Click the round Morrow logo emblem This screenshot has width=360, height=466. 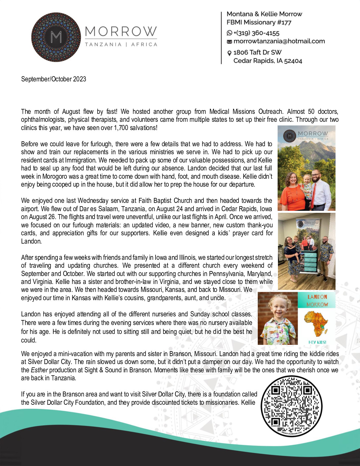pyautogui.click(x=56, y=37)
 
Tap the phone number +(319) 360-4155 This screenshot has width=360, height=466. pyautogui.click(x=256, y=33)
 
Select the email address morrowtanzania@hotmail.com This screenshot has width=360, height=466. pyautogui.click(x=279, y=41)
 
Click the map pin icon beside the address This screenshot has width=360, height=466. pyautogui.click(x=229, y=53)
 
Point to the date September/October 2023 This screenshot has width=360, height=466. pyautogui.click(x=54, y=79)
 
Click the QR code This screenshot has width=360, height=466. pyautogui.click(x=291, y=406)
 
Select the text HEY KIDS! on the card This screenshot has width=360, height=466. pyautogui.click(x=317, y=342)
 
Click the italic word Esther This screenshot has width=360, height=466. pyautogui.click(x=39, y=370)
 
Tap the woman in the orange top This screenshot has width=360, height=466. pyautogui.click(x=291, y=192)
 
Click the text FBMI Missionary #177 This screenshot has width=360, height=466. pyautogui.click(x=259, y=23)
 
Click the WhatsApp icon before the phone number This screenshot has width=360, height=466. pyautogui.click(x=229, y=33)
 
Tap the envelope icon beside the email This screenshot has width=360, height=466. pyautogui.click(x=229, y=41)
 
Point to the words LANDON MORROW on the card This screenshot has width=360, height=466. pyautogui.click(x=317, y=301)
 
